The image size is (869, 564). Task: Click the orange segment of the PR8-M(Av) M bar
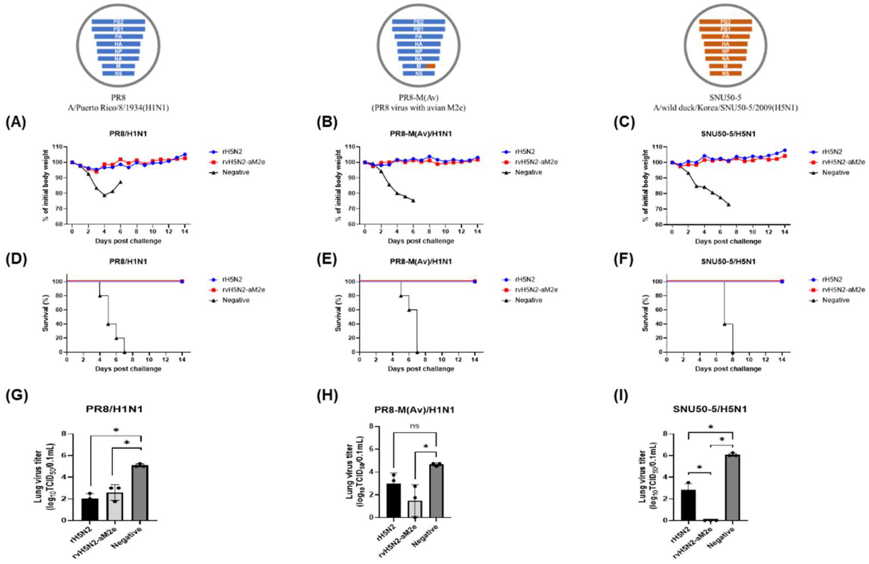430,66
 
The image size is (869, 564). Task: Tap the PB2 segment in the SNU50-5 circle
725,22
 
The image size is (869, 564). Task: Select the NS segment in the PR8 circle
118,73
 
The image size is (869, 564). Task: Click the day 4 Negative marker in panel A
105,195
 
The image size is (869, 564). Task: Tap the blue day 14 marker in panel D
182,282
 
